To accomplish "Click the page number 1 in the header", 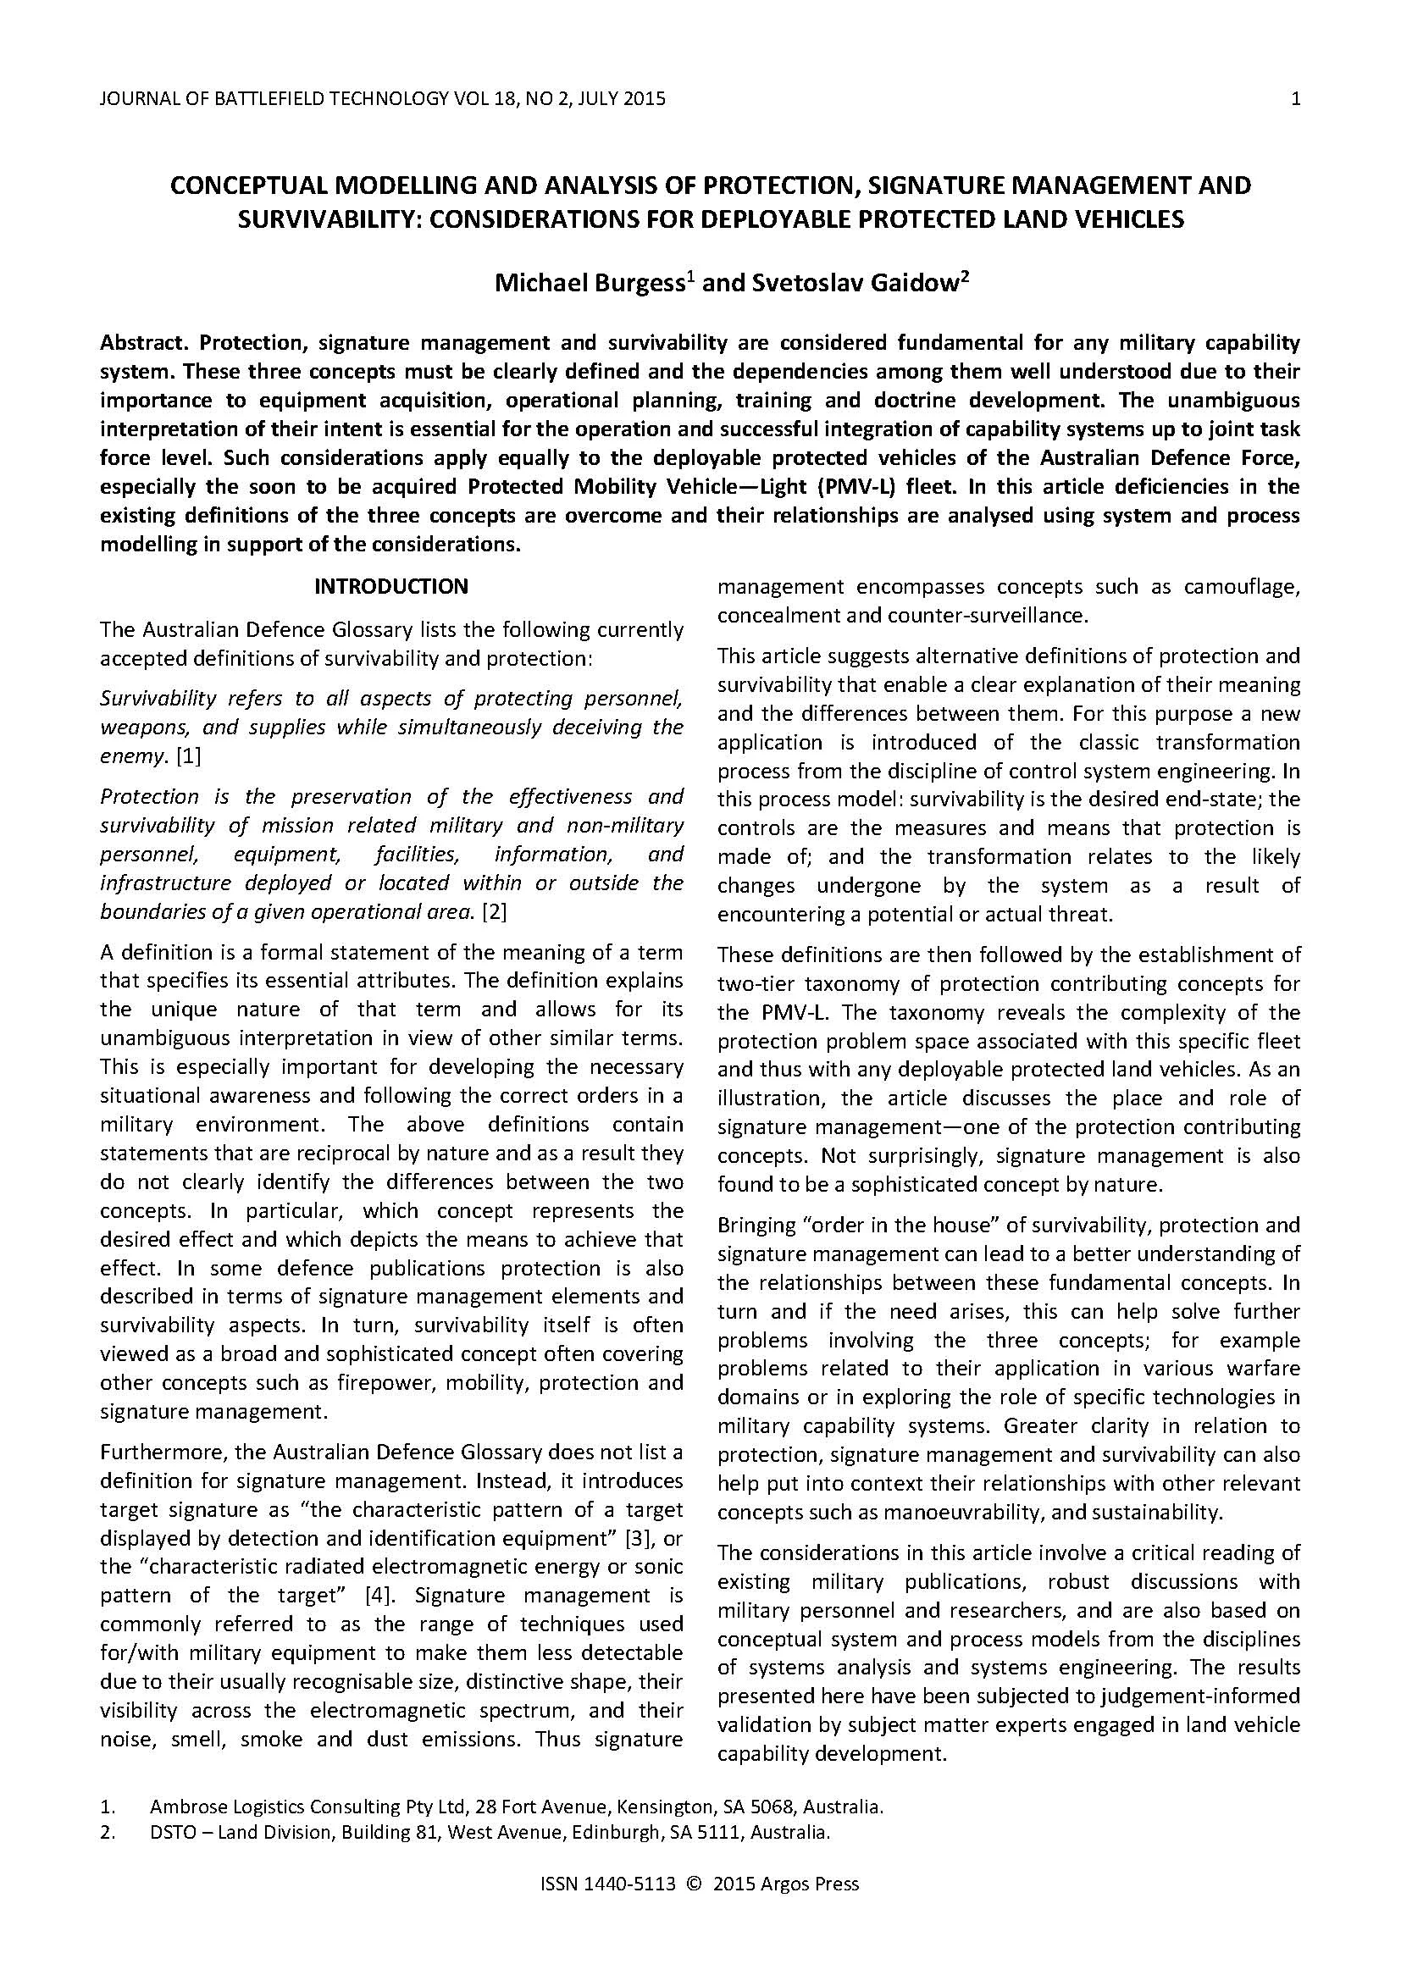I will (x=1295, y=99).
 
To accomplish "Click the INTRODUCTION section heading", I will (x=390, y=587).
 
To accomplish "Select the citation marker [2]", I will (x=495, y=912).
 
